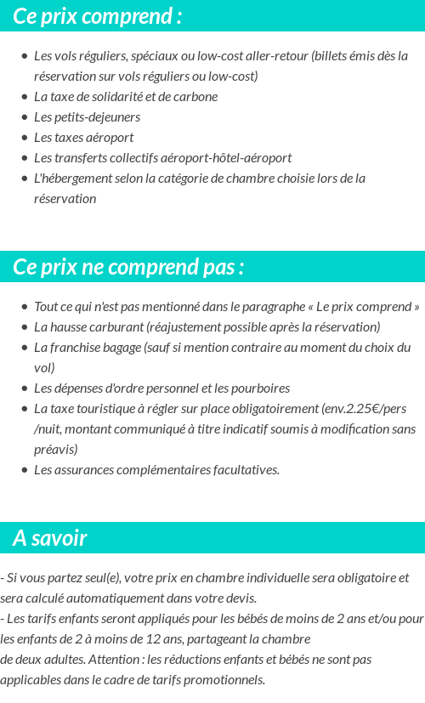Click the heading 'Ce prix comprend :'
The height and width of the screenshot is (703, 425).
coord(98,16)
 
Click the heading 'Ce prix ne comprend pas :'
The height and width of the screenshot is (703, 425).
coord(128,267)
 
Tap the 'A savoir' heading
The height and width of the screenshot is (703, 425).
coord(50,538)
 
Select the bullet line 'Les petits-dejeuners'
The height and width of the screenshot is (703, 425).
coord(87,117)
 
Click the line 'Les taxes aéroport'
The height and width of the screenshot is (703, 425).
coord(83,138)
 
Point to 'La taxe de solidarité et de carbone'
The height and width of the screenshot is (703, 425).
coord(126,97)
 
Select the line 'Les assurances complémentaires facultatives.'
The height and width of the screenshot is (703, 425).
coord(156,470)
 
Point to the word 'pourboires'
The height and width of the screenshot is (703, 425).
coord(260,388)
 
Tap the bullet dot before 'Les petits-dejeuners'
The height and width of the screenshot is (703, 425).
coord(25,117)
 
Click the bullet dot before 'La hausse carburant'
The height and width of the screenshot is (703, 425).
coord(25,327)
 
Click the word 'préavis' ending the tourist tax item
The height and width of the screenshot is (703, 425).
coord(54,450)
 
